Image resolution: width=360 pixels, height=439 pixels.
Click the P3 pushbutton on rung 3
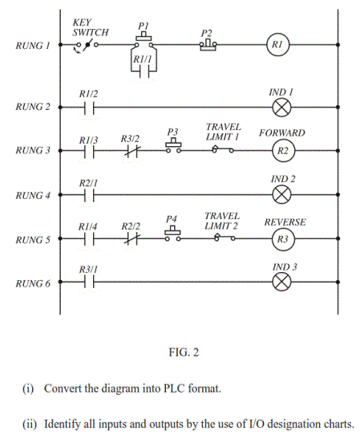pos(172,145)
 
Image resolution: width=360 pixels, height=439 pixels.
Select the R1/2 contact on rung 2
pos(89,107)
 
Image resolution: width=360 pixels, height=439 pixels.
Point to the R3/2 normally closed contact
pos(131,150)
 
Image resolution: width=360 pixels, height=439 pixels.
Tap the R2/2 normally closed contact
pos(131,239)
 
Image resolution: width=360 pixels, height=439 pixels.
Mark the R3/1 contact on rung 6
pos(89,283)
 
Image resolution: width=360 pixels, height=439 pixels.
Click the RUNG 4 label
pos(31,194)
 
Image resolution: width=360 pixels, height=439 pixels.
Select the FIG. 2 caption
pos(179,351)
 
